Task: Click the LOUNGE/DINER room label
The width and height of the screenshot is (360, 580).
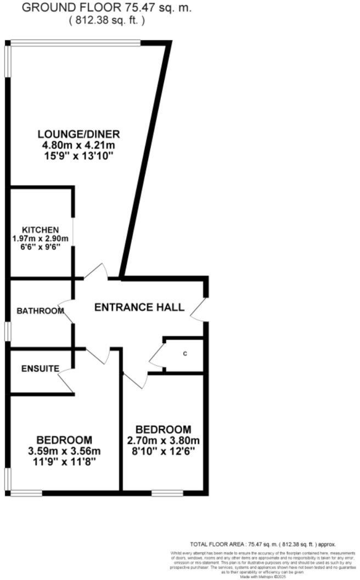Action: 78,134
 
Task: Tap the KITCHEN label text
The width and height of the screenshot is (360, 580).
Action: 40,230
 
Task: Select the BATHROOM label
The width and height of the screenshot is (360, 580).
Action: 40,311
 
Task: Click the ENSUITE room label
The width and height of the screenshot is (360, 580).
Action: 41,369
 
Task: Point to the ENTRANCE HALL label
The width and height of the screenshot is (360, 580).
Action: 139,307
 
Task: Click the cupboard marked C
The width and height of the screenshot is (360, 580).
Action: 185,353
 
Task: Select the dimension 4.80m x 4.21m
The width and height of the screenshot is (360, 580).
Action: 78,145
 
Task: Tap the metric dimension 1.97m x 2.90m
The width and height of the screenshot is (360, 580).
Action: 40,238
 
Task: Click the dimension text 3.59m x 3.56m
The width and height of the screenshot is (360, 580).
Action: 64,451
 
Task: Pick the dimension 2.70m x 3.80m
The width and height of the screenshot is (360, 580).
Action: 164,440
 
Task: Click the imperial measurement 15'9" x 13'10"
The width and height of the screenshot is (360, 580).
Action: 78,156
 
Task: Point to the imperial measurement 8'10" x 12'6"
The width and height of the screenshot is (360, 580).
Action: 164,451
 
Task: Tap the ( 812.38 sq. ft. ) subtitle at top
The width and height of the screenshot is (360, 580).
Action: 107,20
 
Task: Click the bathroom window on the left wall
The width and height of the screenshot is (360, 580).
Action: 7,331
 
